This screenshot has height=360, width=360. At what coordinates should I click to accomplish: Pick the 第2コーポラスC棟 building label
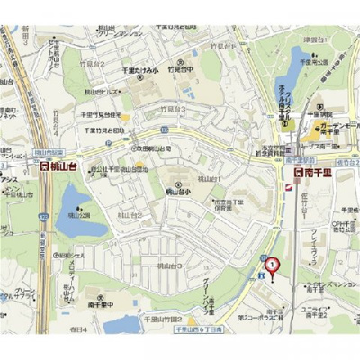[262, 317]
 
